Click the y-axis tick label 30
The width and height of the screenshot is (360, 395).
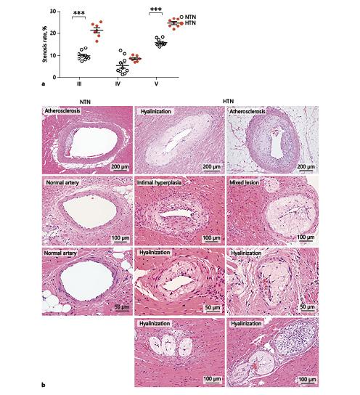tap(53, 12)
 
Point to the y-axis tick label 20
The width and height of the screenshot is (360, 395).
tap(53, 33)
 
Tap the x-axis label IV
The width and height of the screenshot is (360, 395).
tap(118, 84)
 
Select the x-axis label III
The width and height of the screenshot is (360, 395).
tap(79, 84)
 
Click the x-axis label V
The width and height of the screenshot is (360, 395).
tap(156, 84)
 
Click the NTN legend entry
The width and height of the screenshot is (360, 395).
tap(188, 17)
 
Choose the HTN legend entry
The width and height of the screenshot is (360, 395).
tap(188, 23)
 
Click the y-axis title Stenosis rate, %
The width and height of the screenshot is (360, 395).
tap(45, 44)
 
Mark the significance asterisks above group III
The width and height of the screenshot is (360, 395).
tap(79, 13)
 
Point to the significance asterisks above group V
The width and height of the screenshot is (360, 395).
tap(156, 9)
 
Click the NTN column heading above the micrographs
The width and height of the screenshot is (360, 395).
tap(85, 102)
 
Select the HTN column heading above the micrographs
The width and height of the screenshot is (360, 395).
tap(229, 101)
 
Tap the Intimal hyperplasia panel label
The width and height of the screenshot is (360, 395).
tap(159, 182)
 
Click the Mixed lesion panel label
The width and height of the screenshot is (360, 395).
tap(244, 182)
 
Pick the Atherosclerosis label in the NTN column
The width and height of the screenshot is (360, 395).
tap(62, 111)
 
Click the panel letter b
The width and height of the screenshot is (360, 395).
tap(44, 385)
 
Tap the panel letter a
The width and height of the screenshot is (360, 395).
tap(44, 84)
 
